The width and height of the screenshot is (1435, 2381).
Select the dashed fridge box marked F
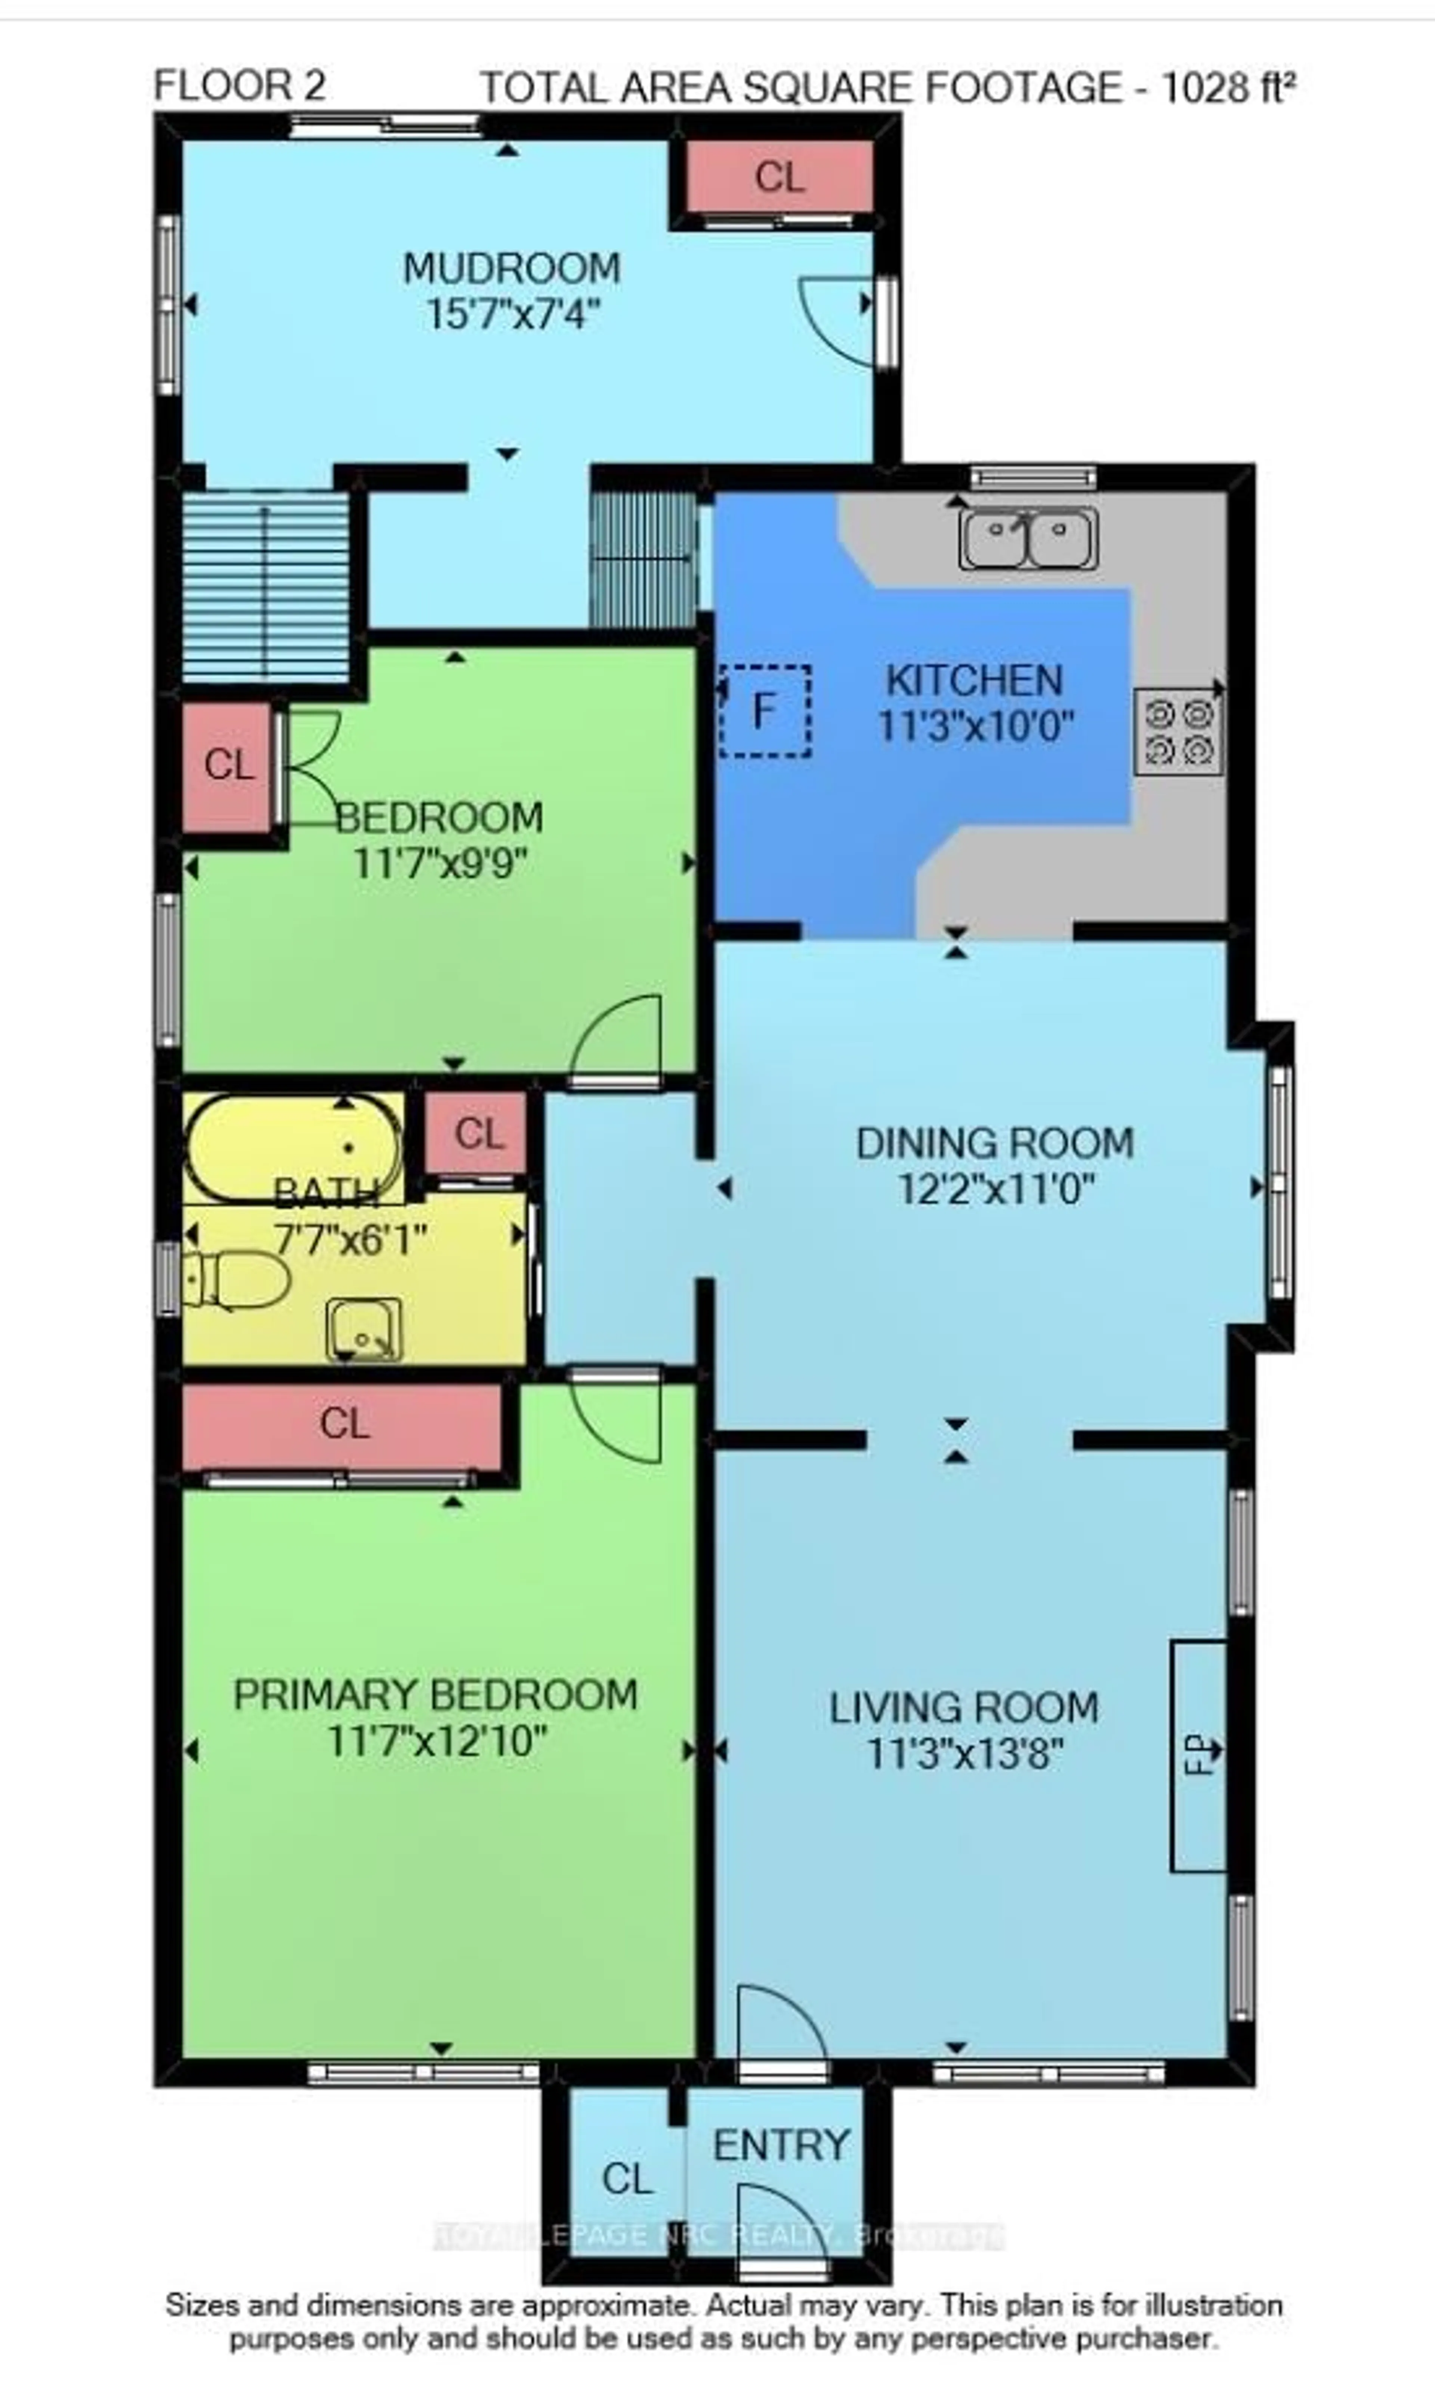764,711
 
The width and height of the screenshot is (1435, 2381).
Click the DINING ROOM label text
994,1143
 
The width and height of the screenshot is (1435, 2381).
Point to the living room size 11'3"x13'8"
965,1753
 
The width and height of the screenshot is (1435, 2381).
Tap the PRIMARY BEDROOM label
436,1695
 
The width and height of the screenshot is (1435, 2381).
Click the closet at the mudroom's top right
779,177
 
